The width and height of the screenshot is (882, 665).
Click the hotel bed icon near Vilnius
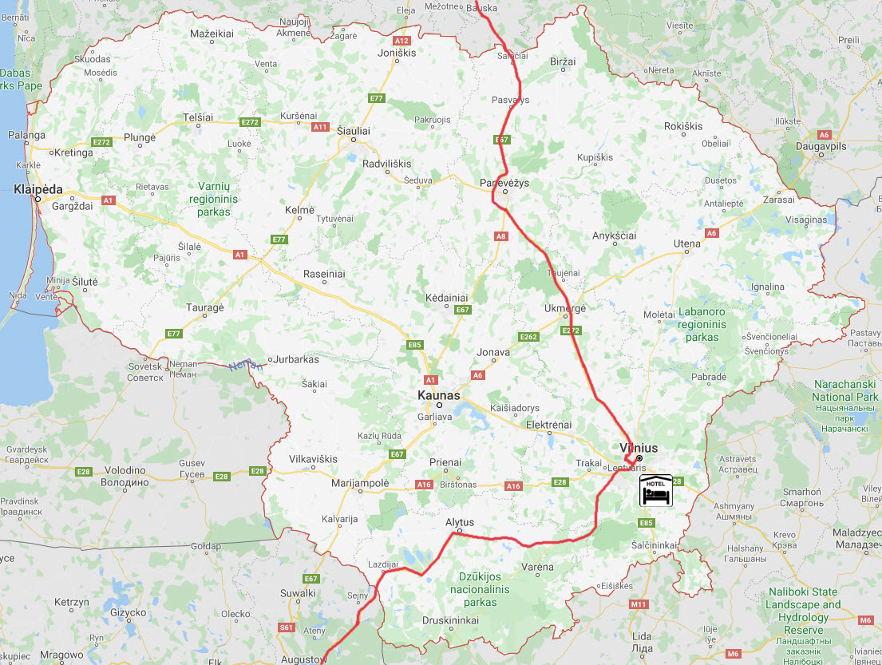(x=654, y=491)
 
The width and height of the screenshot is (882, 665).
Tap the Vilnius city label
(x=639, y=448)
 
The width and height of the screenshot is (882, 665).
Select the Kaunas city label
(x=439, y=394)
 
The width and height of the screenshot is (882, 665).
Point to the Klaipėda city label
(x=38, y=189)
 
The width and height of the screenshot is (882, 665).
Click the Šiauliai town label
(x=353, y=128)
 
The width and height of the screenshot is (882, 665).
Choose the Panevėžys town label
(x=504, y=183)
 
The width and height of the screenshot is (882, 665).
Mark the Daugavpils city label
(x=821, y=146)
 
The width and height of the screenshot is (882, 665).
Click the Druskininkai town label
(x=451, y=619)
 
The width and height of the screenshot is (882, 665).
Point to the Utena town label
(x=686, y=243)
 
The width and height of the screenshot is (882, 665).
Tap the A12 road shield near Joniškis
(x=401, y=40)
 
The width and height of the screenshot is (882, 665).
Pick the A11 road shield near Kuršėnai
(x=321, y=126)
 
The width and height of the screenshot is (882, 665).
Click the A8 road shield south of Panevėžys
(x=501, y=236)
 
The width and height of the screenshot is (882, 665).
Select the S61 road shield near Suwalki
(x=287, y=627)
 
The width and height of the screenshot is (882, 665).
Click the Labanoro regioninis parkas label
(x=702, y=324)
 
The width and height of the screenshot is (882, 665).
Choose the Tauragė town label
(x=205, y=307)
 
